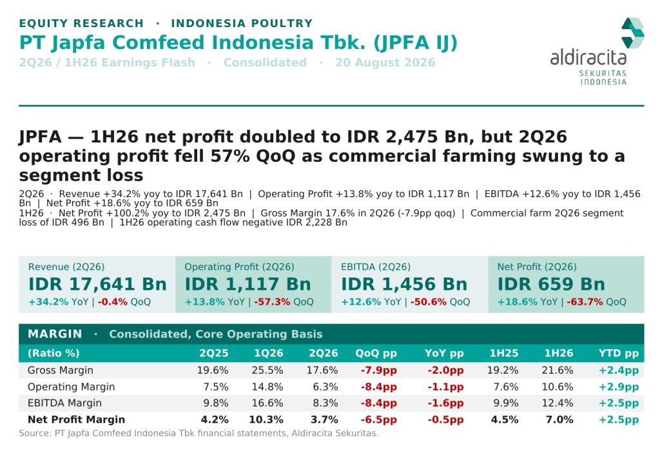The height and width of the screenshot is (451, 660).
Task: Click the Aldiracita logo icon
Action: point(633,33)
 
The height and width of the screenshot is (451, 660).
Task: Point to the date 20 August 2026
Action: point(385,62)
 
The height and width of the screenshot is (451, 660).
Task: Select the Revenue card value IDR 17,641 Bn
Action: point(98,284)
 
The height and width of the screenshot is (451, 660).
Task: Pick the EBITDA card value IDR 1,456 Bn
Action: point(404,284)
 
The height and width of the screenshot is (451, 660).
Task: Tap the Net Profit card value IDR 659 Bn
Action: point(552,284)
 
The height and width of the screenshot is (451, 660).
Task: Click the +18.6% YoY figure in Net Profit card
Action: point(528,302)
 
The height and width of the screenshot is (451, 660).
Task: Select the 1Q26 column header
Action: point(269,353)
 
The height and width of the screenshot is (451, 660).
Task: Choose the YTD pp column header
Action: point(619,353)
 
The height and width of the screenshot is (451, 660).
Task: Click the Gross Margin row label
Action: point(60,370)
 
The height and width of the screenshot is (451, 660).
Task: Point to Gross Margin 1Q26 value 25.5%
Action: point(267,370)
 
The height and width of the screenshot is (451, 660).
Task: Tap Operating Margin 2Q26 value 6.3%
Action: point(325,387)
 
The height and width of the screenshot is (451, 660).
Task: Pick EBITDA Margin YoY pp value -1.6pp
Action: point(446,403)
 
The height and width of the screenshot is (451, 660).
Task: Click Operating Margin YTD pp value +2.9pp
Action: point(619,387)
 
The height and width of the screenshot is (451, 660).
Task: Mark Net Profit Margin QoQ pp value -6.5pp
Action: point(379,419)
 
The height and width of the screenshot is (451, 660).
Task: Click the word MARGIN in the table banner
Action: point(55,334)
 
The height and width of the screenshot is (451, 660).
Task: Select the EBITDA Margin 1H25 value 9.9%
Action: point(506,403)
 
